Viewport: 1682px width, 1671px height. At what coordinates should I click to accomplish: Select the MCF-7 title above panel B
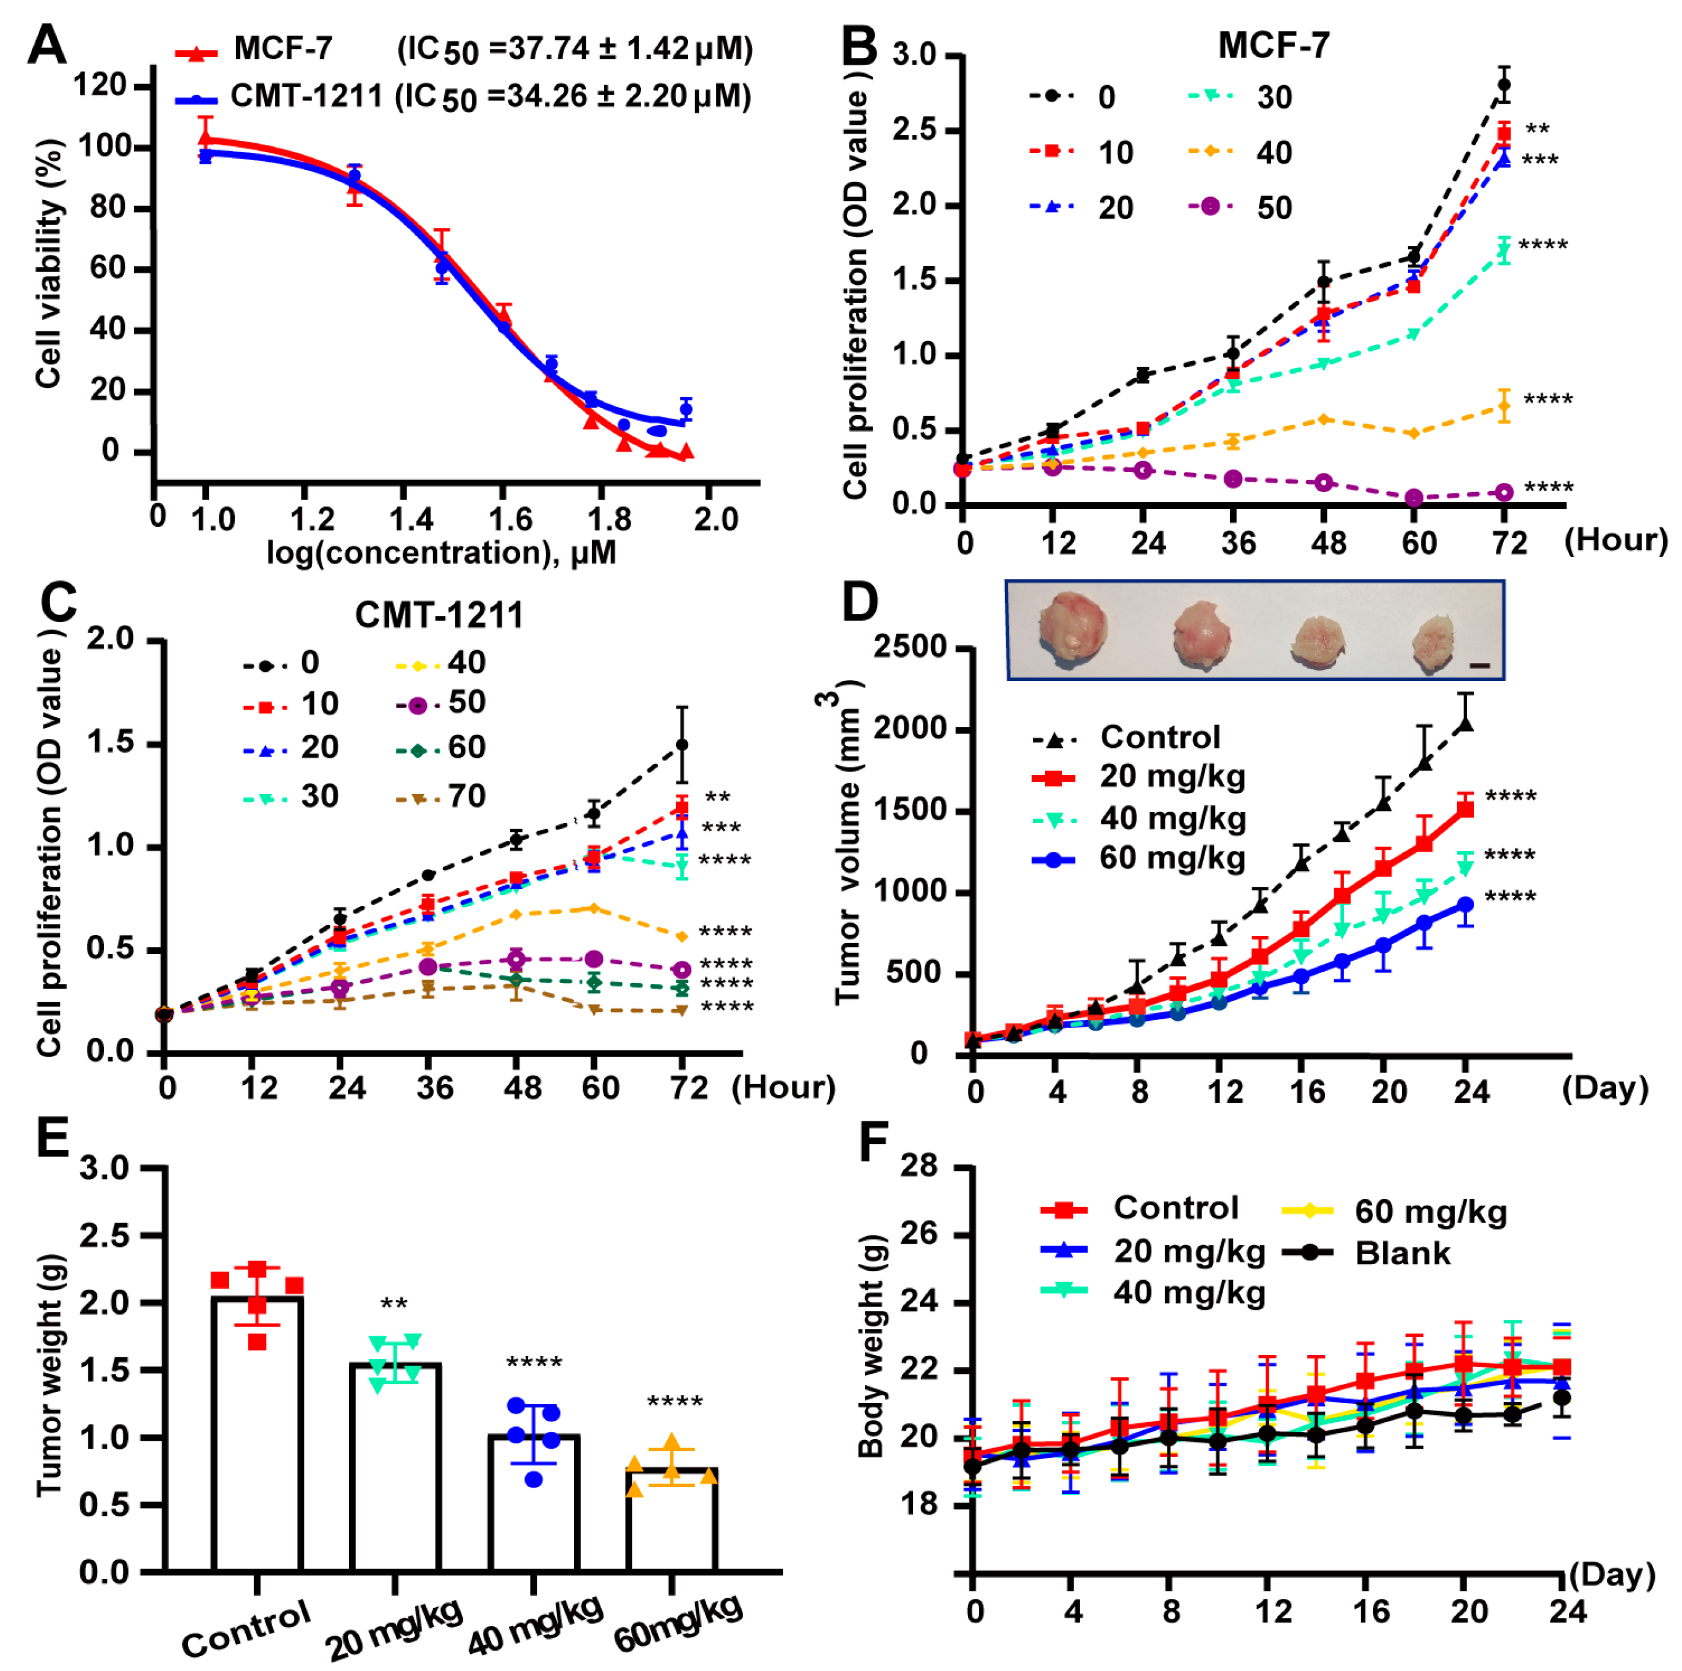tap(1273, 45)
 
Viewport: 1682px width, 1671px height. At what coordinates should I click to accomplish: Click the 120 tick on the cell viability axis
tap(100, 85)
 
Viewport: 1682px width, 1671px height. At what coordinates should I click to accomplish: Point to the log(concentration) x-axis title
tap(442, 553)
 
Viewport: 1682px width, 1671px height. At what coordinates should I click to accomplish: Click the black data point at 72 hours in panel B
tap(1503, 85)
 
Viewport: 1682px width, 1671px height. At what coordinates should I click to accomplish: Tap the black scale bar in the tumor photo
tap(1479, 666)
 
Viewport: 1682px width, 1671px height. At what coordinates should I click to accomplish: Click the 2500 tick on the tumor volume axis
tap(910, 648)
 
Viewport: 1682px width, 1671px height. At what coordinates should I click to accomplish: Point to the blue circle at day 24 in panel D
tap(1465, 905)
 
